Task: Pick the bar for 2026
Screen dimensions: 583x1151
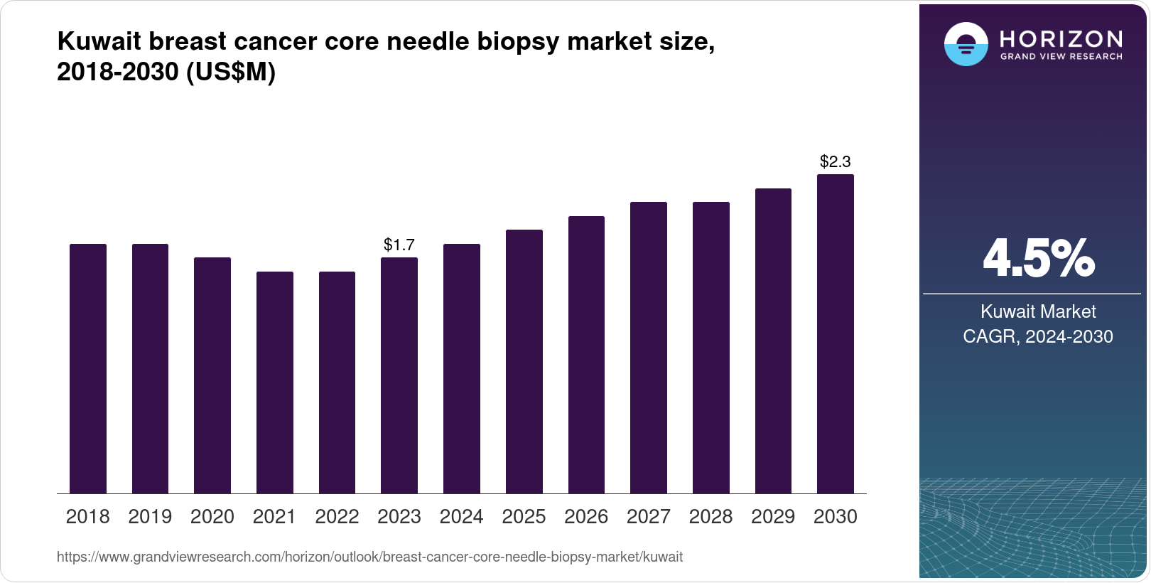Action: (x=586, y=355)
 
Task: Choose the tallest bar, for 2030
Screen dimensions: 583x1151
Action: (x=836, y=334)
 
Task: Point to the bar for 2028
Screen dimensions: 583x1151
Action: (x=710, y=348)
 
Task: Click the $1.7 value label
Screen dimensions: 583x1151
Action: (x=399, y=245)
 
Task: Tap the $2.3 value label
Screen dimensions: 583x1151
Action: (x=836, y=161)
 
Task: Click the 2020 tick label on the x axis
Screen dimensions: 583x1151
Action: (x=212, y=517)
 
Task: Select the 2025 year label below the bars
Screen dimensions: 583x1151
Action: (x=524, y=517)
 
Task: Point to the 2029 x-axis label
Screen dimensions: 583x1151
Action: (x=773, y=517)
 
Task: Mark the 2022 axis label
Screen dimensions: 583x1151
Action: (x=337, y=517)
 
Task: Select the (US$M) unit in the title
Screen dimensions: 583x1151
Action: (x=230, y=73)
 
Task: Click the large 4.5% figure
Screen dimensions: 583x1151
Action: (x=1038, y=259)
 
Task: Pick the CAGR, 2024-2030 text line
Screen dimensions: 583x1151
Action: (x=1037, y=336)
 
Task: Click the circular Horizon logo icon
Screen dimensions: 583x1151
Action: (x=966, y=44)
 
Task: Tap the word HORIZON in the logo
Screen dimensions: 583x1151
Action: (x=1061, y=38)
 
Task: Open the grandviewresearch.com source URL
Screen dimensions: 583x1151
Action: (x=369, y=557)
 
